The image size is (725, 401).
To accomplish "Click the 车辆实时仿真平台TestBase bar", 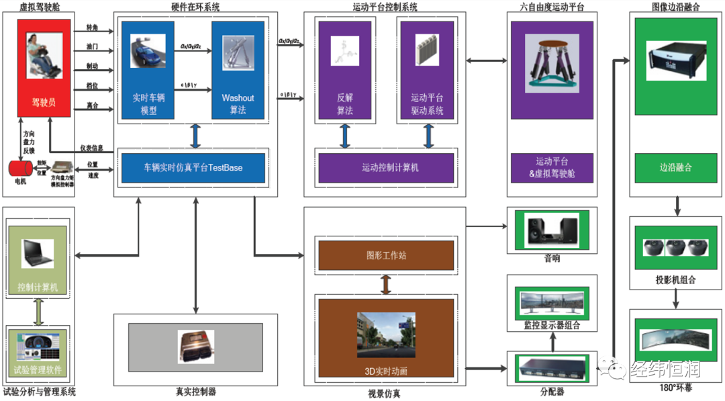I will (193, 167).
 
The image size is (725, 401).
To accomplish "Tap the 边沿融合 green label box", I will (675, 167).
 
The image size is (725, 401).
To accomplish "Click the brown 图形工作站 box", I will (385, 255).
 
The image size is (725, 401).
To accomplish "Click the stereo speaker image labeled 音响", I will (550, 230).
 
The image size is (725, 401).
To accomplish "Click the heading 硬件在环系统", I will (195, 7).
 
